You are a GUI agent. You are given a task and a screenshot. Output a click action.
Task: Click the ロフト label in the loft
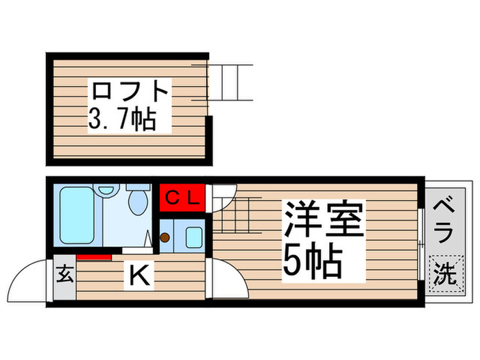coord(130,91)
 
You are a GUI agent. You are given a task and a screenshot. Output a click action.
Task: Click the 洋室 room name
coord(323,220)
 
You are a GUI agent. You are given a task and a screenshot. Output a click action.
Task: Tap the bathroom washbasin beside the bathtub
coord(106,189)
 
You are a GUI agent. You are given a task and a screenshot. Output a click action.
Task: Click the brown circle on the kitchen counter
coord(165,238)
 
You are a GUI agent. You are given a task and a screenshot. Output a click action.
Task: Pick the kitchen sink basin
coord(193,237)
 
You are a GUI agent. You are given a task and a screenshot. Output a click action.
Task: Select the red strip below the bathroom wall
coord(94,257)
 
